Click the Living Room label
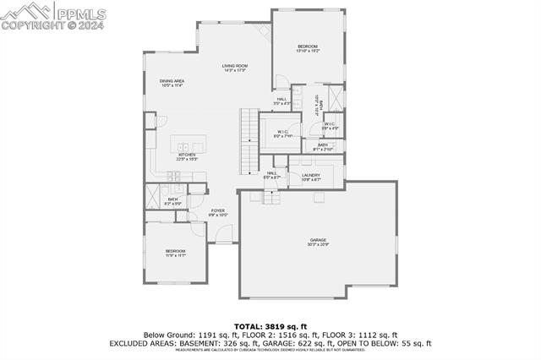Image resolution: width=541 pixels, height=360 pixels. (234, 68)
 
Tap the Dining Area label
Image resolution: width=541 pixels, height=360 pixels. (172, 83)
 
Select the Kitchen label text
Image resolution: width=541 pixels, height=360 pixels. (187, 156)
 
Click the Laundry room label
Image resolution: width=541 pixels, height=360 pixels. (311, 177)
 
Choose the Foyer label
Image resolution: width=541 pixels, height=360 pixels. (218, 213)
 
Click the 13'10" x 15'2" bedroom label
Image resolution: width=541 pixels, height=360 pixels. (307, 48)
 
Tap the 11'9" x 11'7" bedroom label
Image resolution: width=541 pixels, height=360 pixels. (175, 253)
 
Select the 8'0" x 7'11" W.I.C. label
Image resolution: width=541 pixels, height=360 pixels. (283, 134)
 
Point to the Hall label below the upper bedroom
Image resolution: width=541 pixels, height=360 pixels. (281, 101)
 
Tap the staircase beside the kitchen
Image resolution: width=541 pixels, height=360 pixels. (248, 140)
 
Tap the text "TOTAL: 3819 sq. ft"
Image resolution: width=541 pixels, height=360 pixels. (270, 326)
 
